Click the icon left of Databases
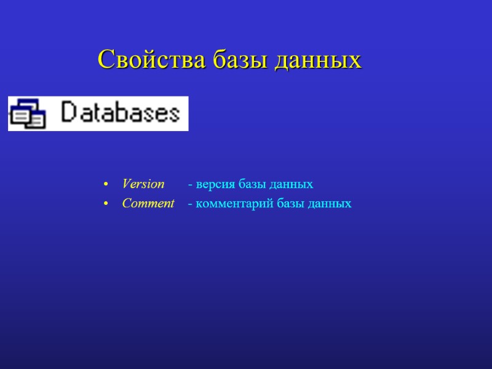tap(28, 114)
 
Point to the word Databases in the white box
tap(121, 113)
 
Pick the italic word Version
tap(143, 184)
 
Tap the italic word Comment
tap(148, 204)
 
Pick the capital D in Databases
tap(69, 113)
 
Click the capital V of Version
tap(126, 184)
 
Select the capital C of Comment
tap(126, 204)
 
